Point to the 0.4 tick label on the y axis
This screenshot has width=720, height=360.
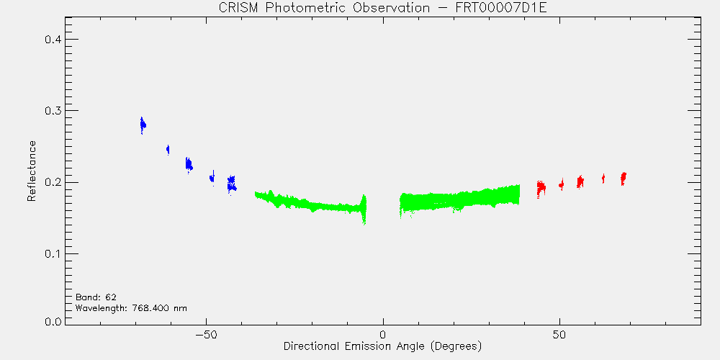(53, 40)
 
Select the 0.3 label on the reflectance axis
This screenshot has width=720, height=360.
(53, 111)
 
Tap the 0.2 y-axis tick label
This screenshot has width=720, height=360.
(53, 182)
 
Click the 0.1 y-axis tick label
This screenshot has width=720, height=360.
(53, 254)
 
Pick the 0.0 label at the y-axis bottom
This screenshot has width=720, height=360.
(53, 321)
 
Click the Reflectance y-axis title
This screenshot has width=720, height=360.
(32, 171)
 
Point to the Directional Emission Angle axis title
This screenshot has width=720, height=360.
(382, 346)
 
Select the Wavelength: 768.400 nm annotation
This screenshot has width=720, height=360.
(131, 307)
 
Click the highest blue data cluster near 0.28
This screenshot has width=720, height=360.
(143, 125)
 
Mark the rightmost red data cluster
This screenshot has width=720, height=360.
(623, 178)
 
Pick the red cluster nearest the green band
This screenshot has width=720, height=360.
(541, 188)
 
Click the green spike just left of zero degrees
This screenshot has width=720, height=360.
(364, 210)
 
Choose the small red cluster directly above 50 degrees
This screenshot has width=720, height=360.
(561, 184)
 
